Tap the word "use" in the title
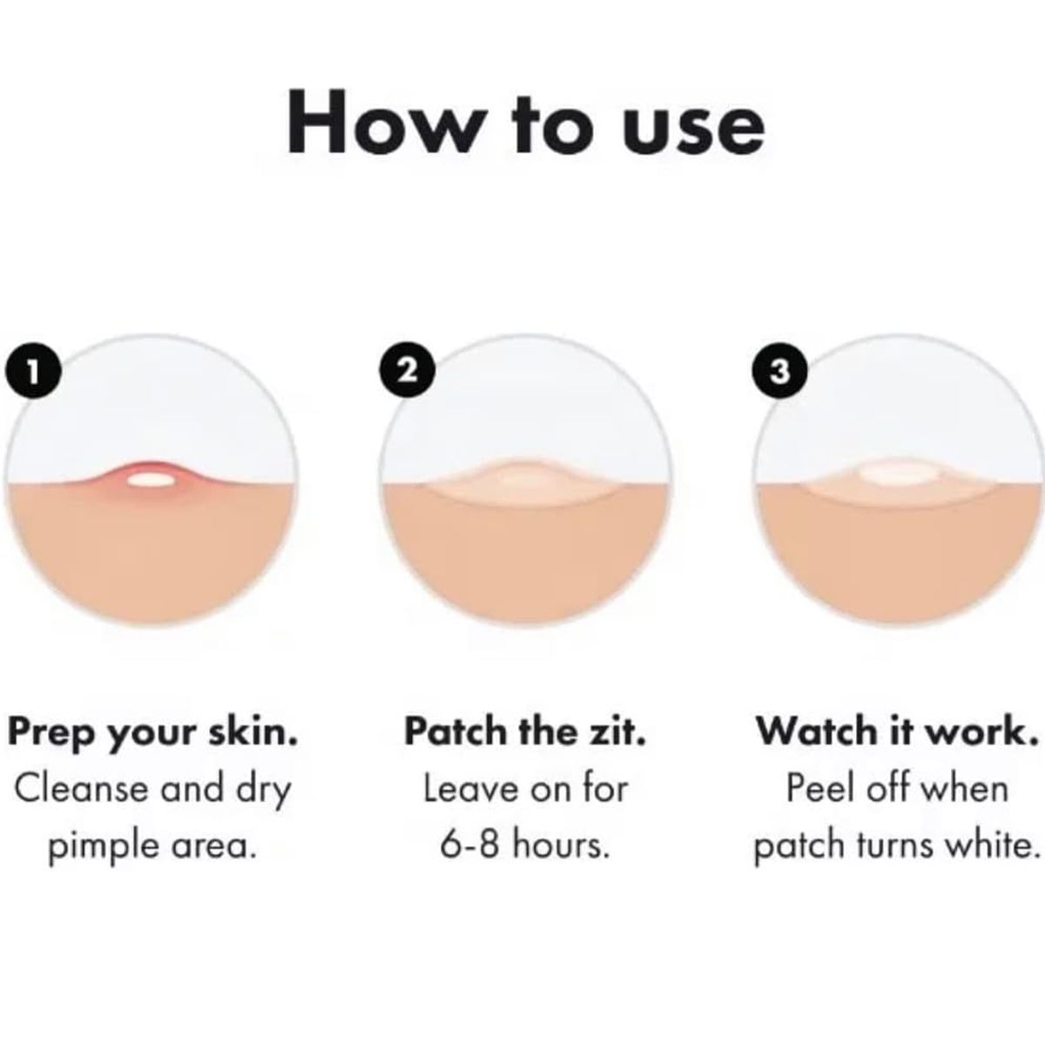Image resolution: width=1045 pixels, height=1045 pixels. pyautogui.click(x=695, y=128)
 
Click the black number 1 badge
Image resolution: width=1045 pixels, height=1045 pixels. pyautogui.click(x=33, y=372)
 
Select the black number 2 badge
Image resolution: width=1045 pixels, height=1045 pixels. pyautogui.click(x=408, y=372)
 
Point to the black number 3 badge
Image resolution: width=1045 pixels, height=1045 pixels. pyautogui.click(x=779, y=372)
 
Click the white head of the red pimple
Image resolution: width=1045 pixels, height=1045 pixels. pyautogui.click(x=151, y=479)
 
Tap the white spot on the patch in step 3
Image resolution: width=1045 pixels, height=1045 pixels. pyautogui.click(x=898, y=474)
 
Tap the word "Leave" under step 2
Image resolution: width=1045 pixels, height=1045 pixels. pyautogui.click(x=472, y=788)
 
